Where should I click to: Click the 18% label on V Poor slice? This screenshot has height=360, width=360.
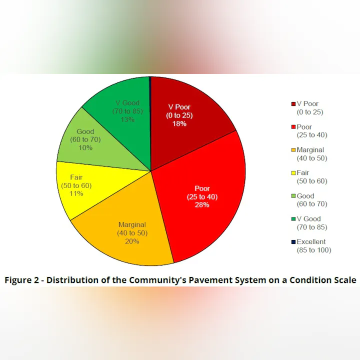click(x=179, y=123)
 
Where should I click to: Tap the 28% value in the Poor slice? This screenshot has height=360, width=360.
click(x=202, y=205)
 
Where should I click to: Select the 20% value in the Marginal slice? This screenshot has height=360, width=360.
click(x=132, y=241)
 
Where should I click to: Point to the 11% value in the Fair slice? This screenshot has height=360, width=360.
click(x=76, y=194)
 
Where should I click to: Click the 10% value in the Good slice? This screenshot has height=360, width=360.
click(x=85, y=148)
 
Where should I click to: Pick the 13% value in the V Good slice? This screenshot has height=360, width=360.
click(x=124, y=119)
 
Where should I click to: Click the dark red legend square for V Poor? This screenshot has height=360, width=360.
click(x=293, y=104)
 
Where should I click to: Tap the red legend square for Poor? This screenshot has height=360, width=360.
click(x=293, y=127)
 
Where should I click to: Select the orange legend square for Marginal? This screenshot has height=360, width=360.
click(x=293, y=150)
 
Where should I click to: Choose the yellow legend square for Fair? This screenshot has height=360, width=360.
click(x=293, y=173)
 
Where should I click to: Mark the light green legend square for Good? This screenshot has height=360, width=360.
click(x=293, y=196)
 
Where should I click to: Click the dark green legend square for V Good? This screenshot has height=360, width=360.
click(x=293, y=219)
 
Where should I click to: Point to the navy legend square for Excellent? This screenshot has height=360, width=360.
click(x=293, y=242)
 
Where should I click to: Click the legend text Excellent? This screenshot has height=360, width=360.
click(x=311, y=242)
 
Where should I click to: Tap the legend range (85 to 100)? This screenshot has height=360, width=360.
click(x=314, y=250)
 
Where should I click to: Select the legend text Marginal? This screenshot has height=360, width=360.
click(x=310, y=150)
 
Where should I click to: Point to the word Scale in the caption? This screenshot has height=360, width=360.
click(x=343, y=280)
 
